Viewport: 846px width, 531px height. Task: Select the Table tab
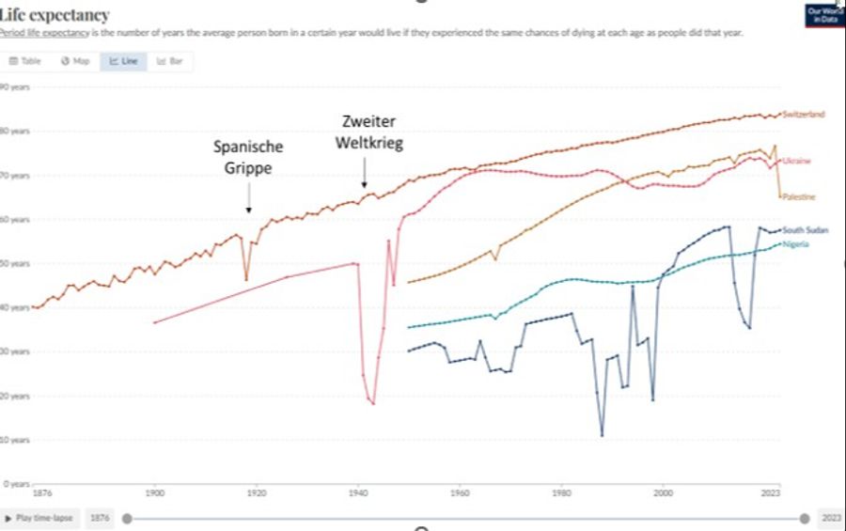pyautogui.click(x=26, y=61)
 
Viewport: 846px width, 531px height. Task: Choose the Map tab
pyautogui.click(x=75, y=61)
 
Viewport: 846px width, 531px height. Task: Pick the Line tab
pyautogui.click(x=123, y=61)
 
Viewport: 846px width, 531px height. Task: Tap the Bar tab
pyautogui.click(x=170, y=61)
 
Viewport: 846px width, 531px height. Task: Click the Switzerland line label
pyautogui.click(x=804, y=115)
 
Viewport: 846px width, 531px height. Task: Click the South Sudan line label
pyautogui.click(x=806, y=229)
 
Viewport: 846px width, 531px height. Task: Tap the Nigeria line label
pyautogui.click(x=796, y=243)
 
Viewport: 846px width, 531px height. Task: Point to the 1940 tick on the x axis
pyautogui.click(x=357, y=492)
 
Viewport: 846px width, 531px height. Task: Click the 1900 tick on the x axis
pyautogui.click(x=154, y=492)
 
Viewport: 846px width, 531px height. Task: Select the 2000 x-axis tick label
pyautogui.click(x=664, y=492)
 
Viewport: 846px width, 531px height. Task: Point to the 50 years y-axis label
pyautogui.click(x=16, y=263)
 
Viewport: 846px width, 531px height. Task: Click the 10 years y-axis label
pyautogui.click(x=16, y=440)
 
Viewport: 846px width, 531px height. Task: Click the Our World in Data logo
pyautogui.click(x=824, y=15)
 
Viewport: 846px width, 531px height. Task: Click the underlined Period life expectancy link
pyautogui.click(x=45, y=33)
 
